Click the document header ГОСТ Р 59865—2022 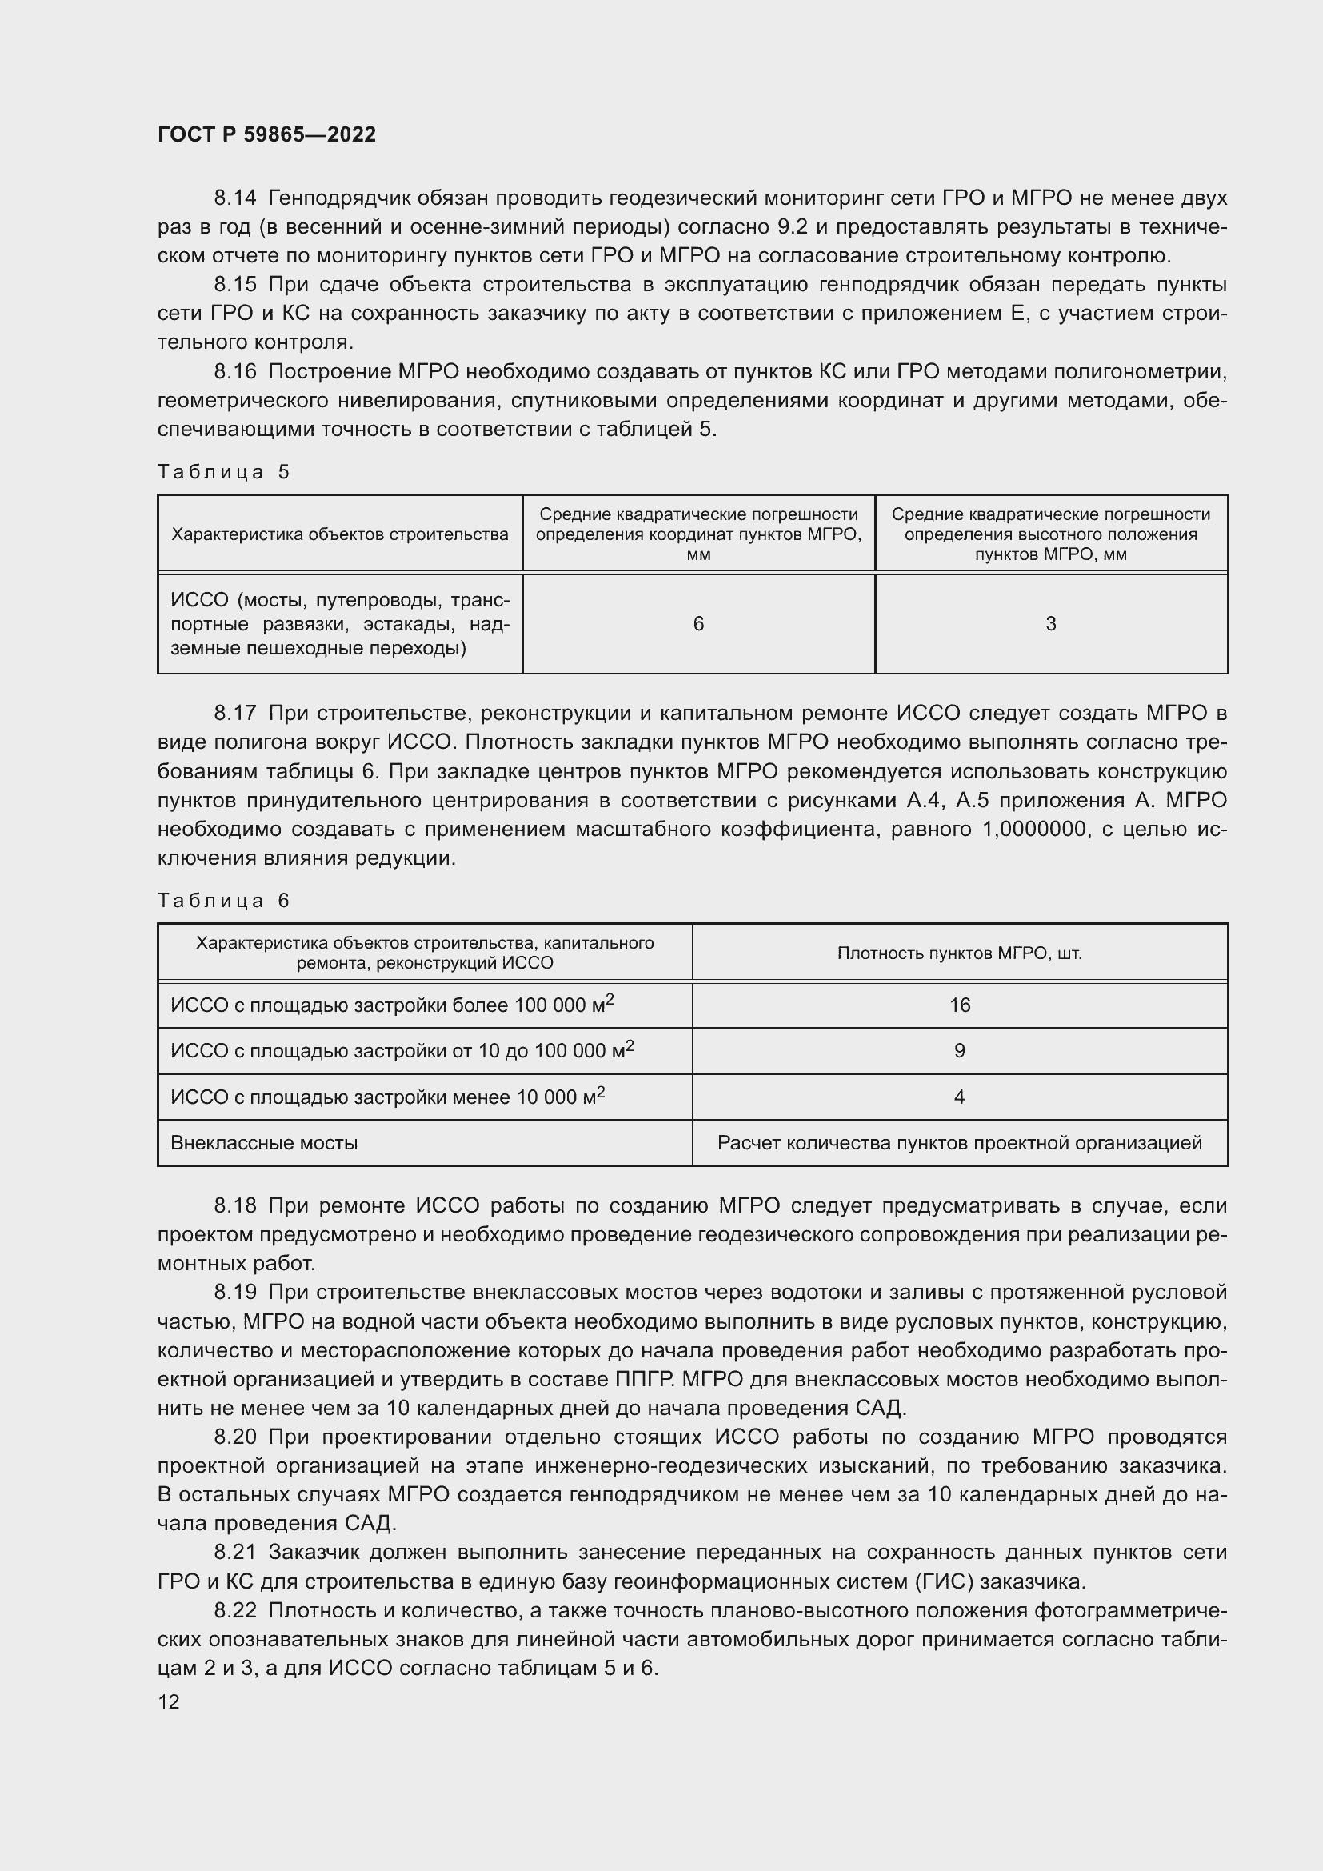pyautogui.click(x=266, y=135)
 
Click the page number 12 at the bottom pyautogui.click(x=169, y=1701)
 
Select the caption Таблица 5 pyautogui.click(x=223, y=472)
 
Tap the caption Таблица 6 pyautogui.click(x=223, y=901)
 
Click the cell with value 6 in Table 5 pyautogui.click(x=698, y=624)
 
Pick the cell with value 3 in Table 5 pyautogui.click(x=1050, y=624)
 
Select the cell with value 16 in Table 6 pyautogui.click(x=960, y=1005)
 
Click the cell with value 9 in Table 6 pyautogui.click(x=960, y=1051)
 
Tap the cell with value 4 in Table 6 pyautogui.click(x=960, y=1097)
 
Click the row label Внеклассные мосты pyautogui.click(x=264, y=1143)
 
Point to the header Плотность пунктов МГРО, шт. pyautogui.click(x=960, y=953)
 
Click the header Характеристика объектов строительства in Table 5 pyautogui.click(x=340, y=534)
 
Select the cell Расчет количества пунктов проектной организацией pyautogui.click(x=960, y=1143)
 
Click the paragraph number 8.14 pyautogui.click(x=234, y=198)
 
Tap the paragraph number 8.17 pyautogui.click(x=234, y=713)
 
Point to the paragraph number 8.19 pyautogui.click(x=234, y=1293)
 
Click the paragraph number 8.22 pyautogui.click(x=234, y=1611)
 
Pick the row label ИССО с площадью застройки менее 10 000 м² pyautogui.click(x=387, y=1097)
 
